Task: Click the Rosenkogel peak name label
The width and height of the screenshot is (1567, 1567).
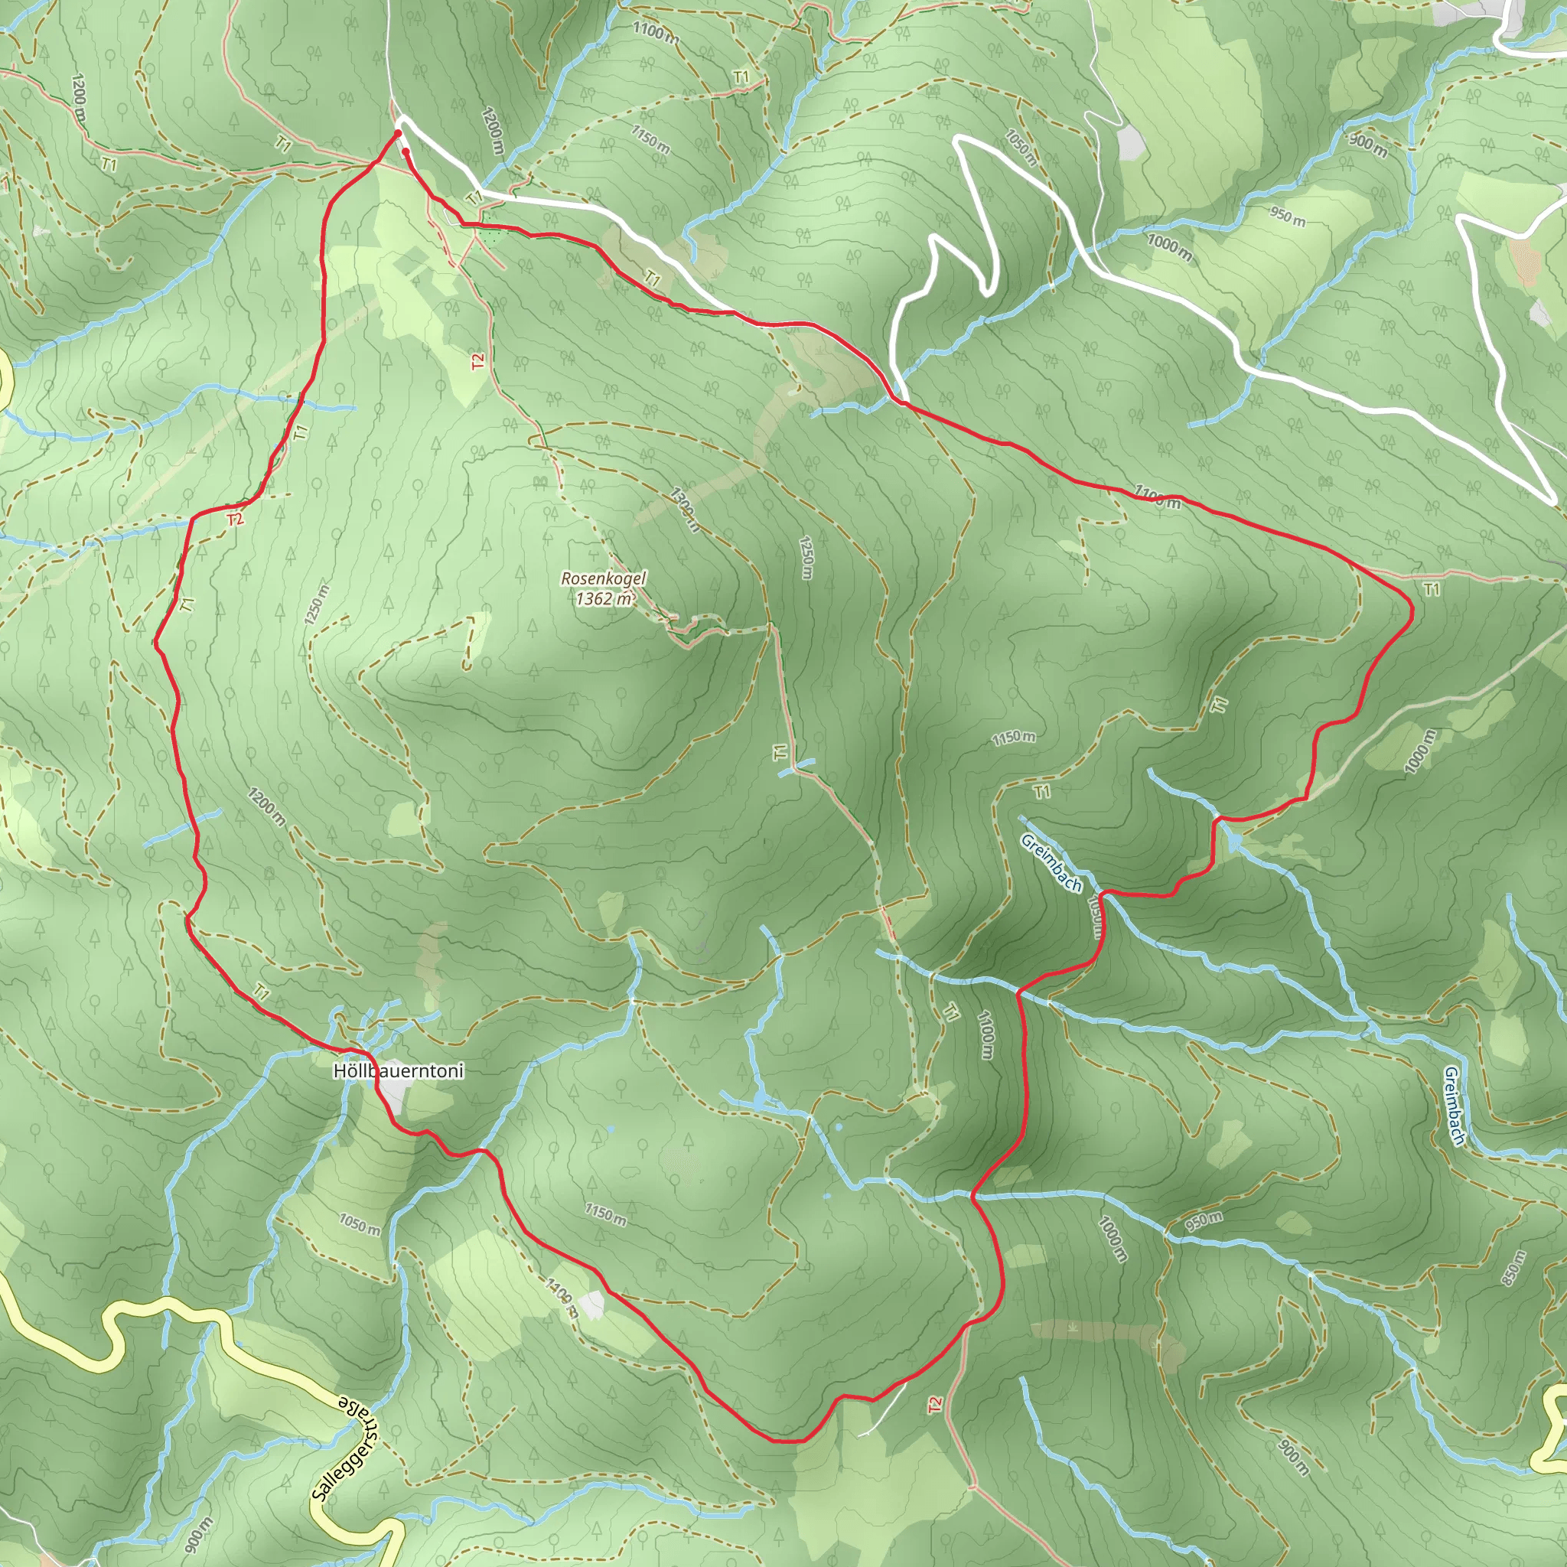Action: (x=604, y=579)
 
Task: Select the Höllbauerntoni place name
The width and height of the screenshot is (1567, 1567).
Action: (x=398, y=1070)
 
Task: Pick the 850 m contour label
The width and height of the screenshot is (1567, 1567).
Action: (x=1513, y=1268)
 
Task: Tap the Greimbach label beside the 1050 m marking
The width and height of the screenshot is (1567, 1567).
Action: (x=1051, y=863)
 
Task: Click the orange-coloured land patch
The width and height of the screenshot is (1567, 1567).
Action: (x=1525, y=259)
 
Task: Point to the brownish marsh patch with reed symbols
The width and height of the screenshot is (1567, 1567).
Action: (x=1095, y=1330)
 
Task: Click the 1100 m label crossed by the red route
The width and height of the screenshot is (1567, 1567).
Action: (x=1157, y=496)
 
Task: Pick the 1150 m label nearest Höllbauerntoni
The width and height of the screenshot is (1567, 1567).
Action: (x=605, y=1214)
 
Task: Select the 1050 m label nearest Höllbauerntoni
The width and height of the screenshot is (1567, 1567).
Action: (x=360, y=1225)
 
